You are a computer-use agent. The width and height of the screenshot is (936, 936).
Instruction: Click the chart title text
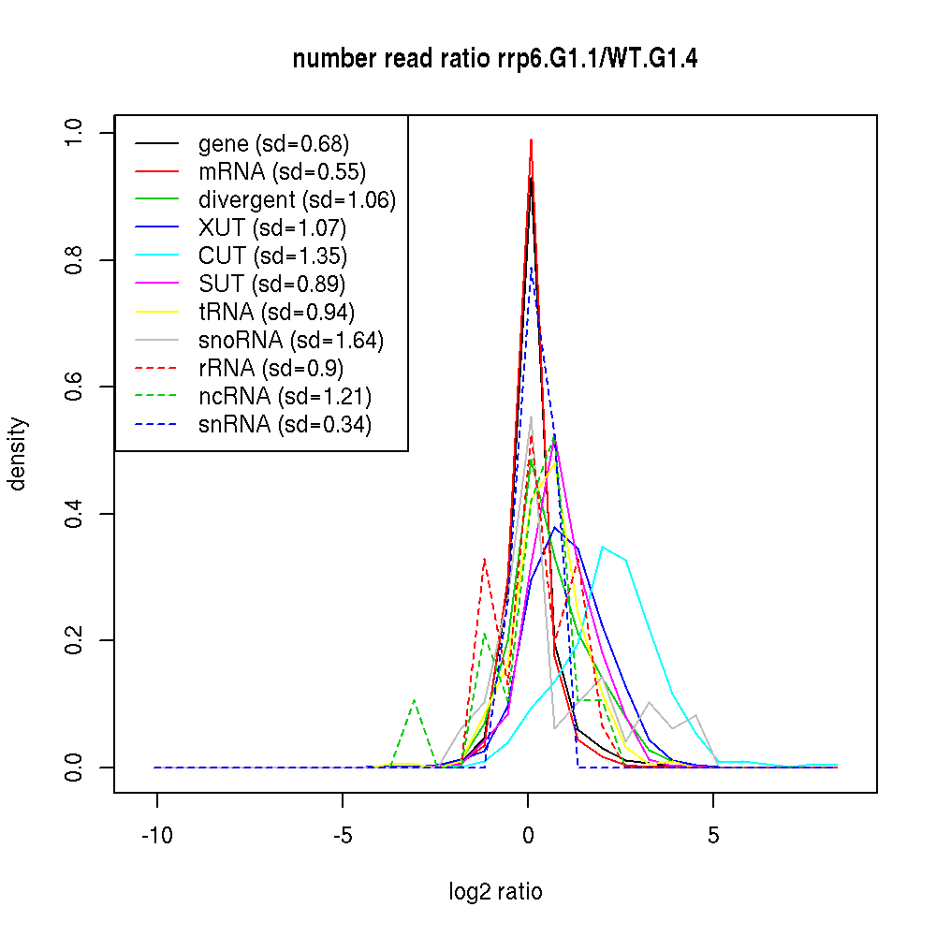pos(495,59)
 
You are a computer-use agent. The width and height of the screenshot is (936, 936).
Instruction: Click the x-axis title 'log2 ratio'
pos(495,891)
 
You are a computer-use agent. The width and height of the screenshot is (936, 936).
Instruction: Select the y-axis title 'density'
pos(18,454)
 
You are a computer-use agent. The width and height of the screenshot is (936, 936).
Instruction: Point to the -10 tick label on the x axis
pos(156,837)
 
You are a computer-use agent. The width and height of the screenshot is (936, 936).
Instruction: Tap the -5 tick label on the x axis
pos(342,837)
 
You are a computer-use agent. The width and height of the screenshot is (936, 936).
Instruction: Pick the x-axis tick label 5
pos(713,837)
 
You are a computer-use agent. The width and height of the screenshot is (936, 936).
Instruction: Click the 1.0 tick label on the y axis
pos(74,133)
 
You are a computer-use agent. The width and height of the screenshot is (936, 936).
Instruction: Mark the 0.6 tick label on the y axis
pos(74,387)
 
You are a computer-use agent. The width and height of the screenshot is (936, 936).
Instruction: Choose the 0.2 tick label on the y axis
pos(74,640)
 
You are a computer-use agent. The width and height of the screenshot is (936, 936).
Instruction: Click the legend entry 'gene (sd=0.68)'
pos(273,144)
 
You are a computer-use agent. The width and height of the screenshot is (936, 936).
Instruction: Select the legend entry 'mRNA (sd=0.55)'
pos(282,172)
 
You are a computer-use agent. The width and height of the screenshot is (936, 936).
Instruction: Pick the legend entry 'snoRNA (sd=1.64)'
pos(291,340)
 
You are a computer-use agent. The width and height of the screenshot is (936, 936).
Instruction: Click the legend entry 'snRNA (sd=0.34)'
pos(285,424)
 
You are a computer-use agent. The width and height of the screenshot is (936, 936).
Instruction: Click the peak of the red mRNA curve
pos(531,139)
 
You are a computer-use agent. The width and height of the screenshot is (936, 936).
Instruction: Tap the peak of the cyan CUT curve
pos(603,547)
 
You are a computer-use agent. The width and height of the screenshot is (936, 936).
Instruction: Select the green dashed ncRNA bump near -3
pos(414,700)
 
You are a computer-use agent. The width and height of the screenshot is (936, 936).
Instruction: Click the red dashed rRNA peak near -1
pos(484,559)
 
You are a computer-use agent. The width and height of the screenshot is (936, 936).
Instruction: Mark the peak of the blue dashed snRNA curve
pos(531,268)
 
